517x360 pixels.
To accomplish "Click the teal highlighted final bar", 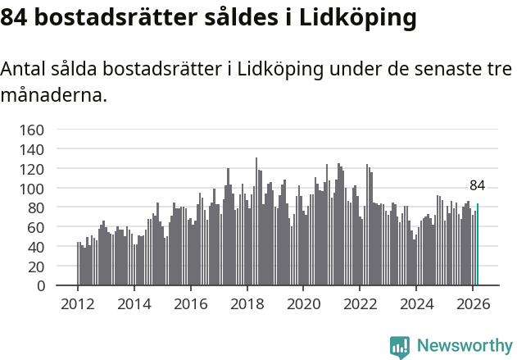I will click(478, 244).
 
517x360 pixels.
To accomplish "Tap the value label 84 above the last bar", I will click(478, 185).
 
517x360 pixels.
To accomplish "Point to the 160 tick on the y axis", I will click(32, 130).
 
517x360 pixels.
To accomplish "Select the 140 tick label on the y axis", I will click(32, 149).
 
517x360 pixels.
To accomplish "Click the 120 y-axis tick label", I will click(32, 169).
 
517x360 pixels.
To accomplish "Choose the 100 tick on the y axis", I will click(32, 189).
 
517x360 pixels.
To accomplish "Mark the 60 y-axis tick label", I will click(36, 227).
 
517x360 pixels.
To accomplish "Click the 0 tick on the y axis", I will click(40, 286).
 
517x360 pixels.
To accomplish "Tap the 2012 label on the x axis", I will click(78, 303).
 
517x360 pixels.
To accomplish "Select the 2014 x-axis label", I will click(134, 303).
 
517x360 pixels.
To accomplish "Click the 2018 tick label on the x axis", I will click(247, 303).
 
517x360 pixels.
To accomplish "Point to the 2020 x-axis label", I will click(303, 303).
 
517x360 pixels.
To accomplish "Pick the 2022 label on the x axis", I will click(360, 303).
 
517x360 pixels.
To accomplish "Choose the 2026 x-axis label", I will click(472, 303).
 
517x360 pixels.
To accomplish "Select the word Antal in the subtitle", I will click(24, 70).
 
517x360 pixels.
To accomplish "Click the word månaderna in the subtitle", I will click(53, 96).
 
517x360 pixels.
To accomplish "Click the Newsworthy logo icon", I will click(400, 346).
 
